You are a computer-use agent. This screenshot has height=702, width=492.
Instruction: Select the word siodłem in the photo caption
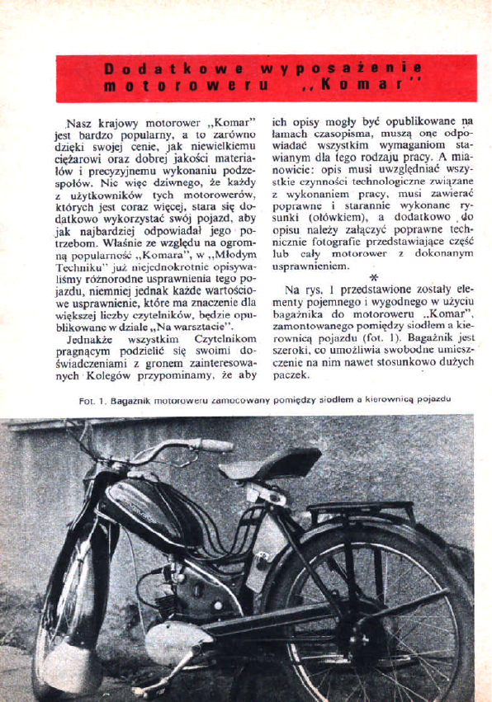coord(335,400)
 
